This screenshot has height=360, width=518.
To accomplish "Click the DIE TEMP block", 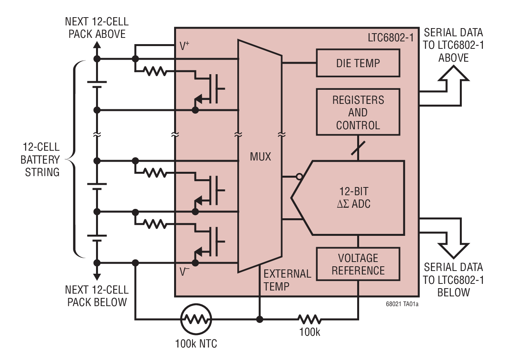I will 358,63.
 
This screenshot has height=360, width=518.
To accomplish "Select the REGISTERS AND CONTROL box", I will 358,112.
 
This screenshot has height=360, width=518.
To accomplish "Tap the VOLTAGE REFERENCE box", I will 358,264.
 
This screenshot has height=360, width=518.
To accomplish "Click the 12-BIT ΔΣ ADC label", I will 354,198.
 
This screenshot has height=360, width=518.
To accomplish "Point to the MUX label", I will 260,157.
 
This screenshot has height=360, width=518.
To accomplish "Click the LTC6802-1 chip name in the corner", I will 390,37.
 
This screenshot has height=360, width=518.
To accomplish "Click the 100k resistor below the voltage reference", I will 309,319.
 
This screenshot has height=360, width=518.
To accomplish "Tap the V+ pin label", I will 184,46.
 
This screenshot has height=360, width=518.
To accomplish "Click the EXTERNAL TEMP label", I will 287,280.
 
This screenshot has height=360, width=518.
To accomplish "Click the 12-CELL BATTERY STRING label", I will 40,160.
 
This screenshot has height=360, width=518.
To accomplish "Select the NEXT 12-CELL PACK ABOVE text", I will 96,28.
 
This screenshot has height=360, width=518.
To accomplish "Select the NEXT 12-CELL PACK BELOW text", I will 96,296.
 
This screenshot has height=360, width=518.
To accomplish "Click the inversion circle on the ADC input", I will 299,177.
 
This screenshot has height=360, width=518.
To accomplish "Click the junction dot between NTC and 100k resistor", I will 259,319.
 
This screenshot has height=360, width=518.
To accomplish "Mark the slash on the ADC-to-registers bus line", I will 358,148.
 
